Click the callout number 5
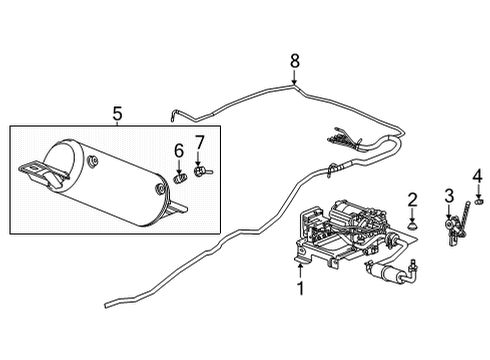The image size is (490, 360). click(118, 114)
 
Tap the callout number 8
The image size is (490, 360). click(295, 61)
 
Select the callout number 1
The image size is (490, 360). click(299, 289)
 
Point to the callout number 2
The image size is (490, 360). click(412, 199)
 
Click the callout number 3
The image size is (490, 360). click(449, 193)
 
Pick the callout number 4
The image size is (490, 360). click(477, 177)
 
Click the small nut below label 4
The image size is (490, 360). click(477, 208)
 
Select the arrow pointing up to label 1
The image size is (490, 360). click(299, 268)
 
